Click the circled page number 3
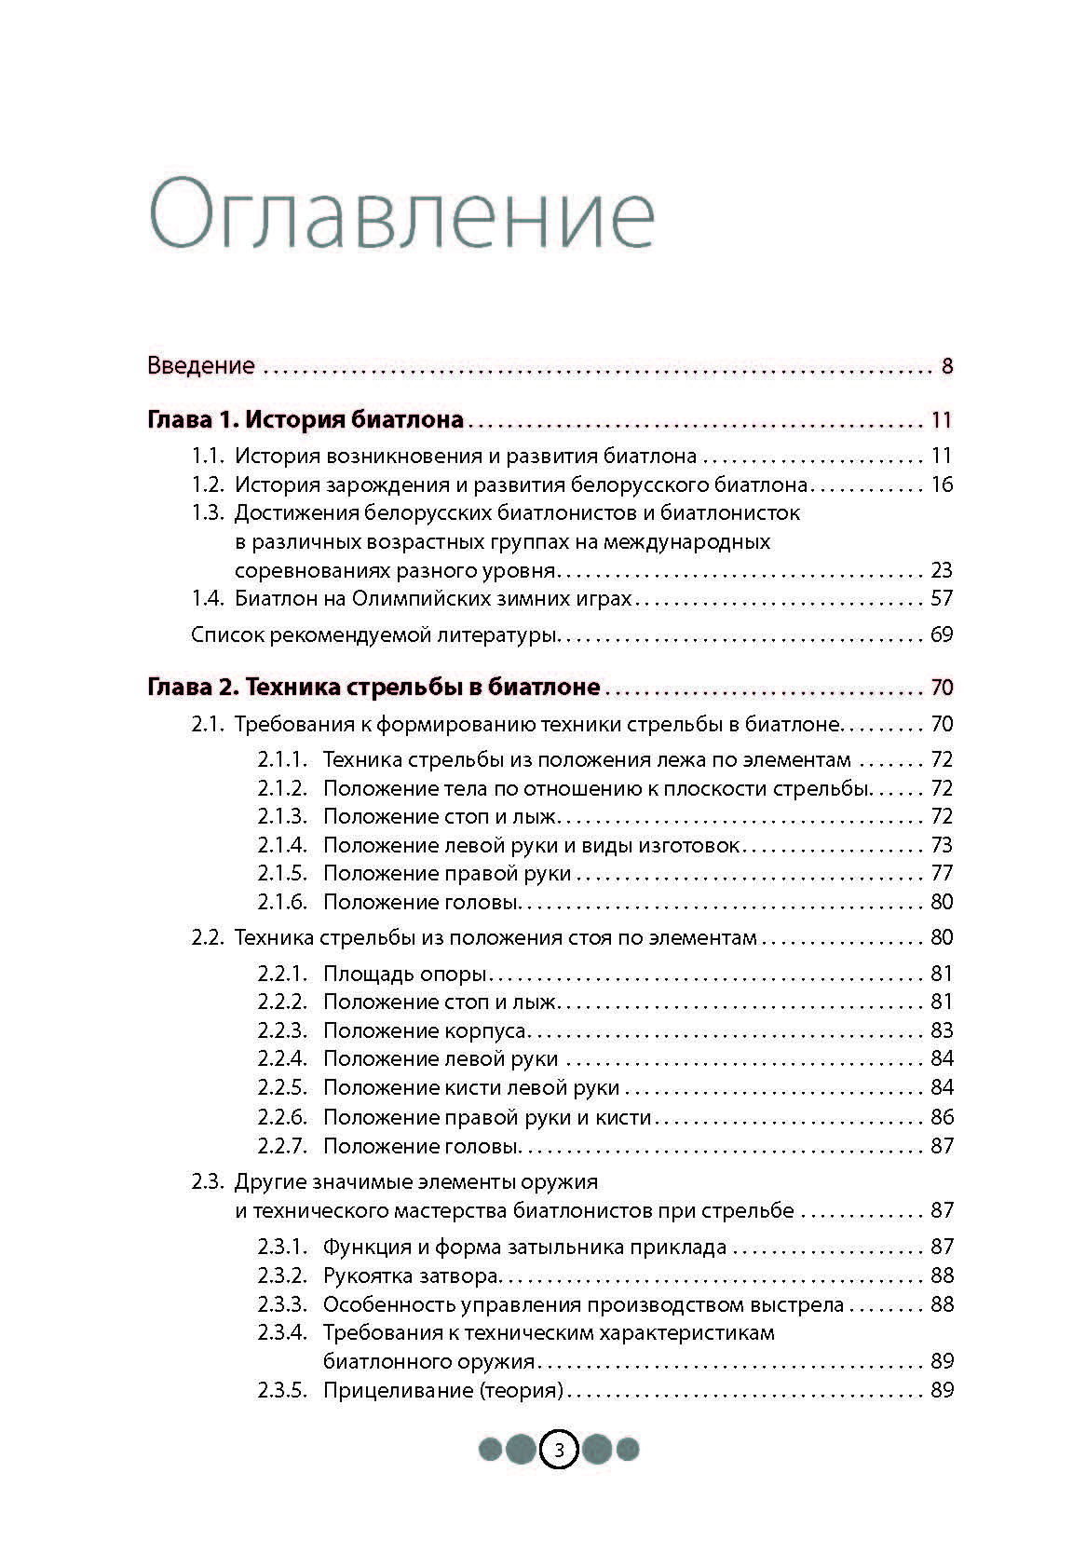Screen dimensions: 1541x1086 click(559, 1450)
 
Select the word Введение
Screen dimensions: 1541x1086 click(200, 365)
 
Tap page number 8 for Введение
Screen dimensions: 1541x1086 click(946, 365)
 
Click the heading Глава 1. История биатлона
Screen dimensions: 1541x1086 click(305, 419)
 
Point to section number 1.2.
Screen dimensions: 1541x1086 click(208, 484)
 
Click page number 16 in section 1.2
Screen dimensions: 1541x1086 click(941, 484)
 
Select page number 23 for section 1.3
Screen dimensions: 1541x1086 click(941, 570)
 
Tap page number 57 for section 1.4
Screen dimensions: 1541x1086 click(941, 598)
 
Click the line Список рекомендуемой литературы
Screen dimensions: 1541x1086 click(373, 635)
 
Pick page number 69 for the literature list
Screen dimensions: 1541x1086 click(941, 635)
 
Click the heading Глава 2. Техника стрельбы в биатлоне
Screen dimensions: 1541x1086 click(373, 688)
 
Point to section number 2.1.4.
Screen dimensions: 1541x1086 click(282, 845)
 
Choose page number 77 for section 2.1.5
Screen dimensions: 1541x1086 click(941, 873)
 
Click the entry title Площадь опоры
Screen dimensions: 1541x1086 click(405, 974)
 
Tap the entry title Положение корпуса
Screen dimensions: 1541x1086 click(425, 1030)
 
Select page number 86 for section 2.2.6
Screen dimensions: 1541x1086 click(941, 1116)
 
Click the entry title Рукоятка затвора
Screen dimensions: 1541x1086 click(411, 1275)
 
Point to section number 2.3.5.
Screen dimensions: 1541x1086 click(282, 1390)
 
